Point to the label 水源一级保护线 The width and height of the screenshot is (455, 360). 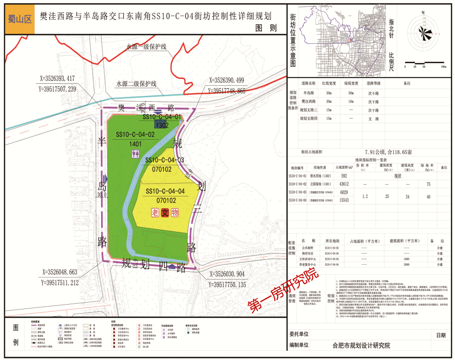146,47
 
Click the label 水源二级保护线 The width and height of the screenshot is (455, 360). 136,83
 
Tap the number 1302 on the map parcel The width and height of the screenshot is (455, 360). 163,125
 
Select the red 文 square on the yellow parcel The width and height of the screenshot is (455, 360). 165,212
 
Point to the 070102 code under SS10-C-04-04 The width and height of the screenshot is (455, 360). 165,200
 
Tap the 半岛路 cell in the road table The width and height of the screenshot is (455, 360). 308,93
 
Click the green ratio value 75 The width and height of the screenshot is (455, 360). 428,184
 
